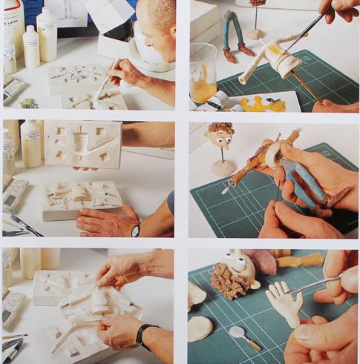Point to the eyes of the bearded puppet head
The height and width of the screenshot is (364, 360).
pyautogui.click(x=238, y=261)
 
